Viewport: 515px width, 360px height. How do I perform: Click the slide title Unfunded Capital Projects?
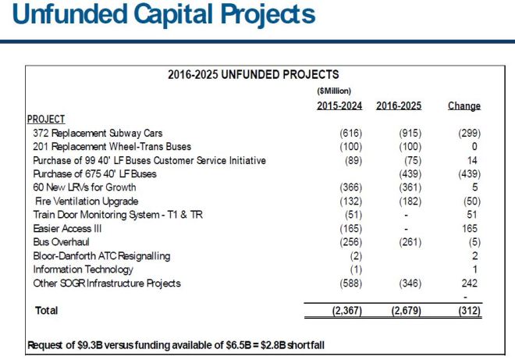tap(159, 15)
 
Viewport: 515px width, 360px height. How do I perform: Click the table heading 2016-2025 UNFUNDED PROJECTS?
tap(253, 76)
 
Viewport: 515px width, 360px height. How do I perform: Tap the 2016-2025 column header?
tap(399, 105)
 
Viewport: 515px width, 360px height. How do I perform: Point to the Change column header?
tap(463, 105)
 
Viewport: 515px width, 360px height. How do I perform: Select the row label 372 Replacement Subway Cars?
tap(98, 134)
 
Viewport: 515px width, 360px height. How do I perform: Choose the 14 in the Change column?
tap(474, 160)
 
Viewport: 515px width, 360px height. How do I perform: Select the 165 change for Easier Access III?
tap(471, 228)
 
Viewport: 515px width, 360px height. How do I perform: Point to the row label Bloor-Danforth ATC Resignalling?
tap(101, 255)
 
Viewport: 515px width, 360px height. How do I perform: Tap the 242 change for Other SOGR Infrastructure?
tap(471, 283)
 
